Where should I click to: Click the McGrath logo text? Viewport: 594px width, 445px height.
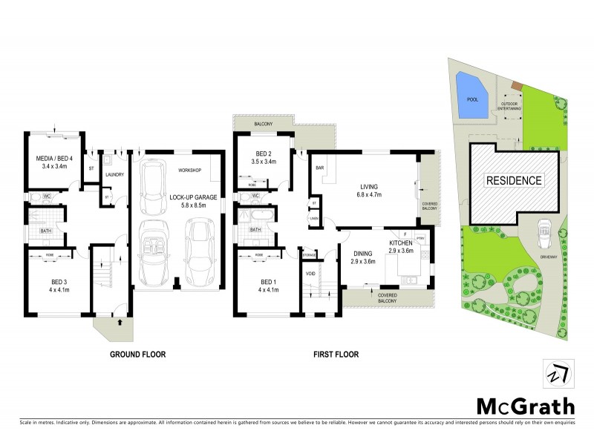(524, 406)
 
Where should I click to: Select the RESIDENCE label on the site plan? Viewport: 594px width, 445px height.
(514, 180)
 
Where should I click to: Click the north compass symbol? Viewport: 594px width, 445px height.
(556, 373)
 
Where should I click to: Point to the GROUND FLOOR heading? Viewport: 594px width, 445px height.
(138, 355)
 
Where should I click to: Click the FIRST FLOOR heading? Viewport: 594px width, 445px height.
(336, 355)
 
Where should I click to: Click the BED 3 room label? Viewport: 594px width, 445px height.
(50, 286)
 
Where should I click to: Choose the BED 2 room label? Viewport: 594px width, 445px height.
(264, 156)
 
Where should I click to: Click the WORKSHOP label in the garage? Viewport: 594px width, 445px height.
(190, 171)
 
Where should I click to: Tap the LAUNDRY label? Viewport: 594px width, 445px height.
(114, 174)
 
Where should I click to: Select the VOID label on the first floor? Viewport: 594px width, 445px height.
(310, 273)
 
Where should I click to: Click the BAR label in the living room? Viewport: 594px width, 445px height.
(322, 168)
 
